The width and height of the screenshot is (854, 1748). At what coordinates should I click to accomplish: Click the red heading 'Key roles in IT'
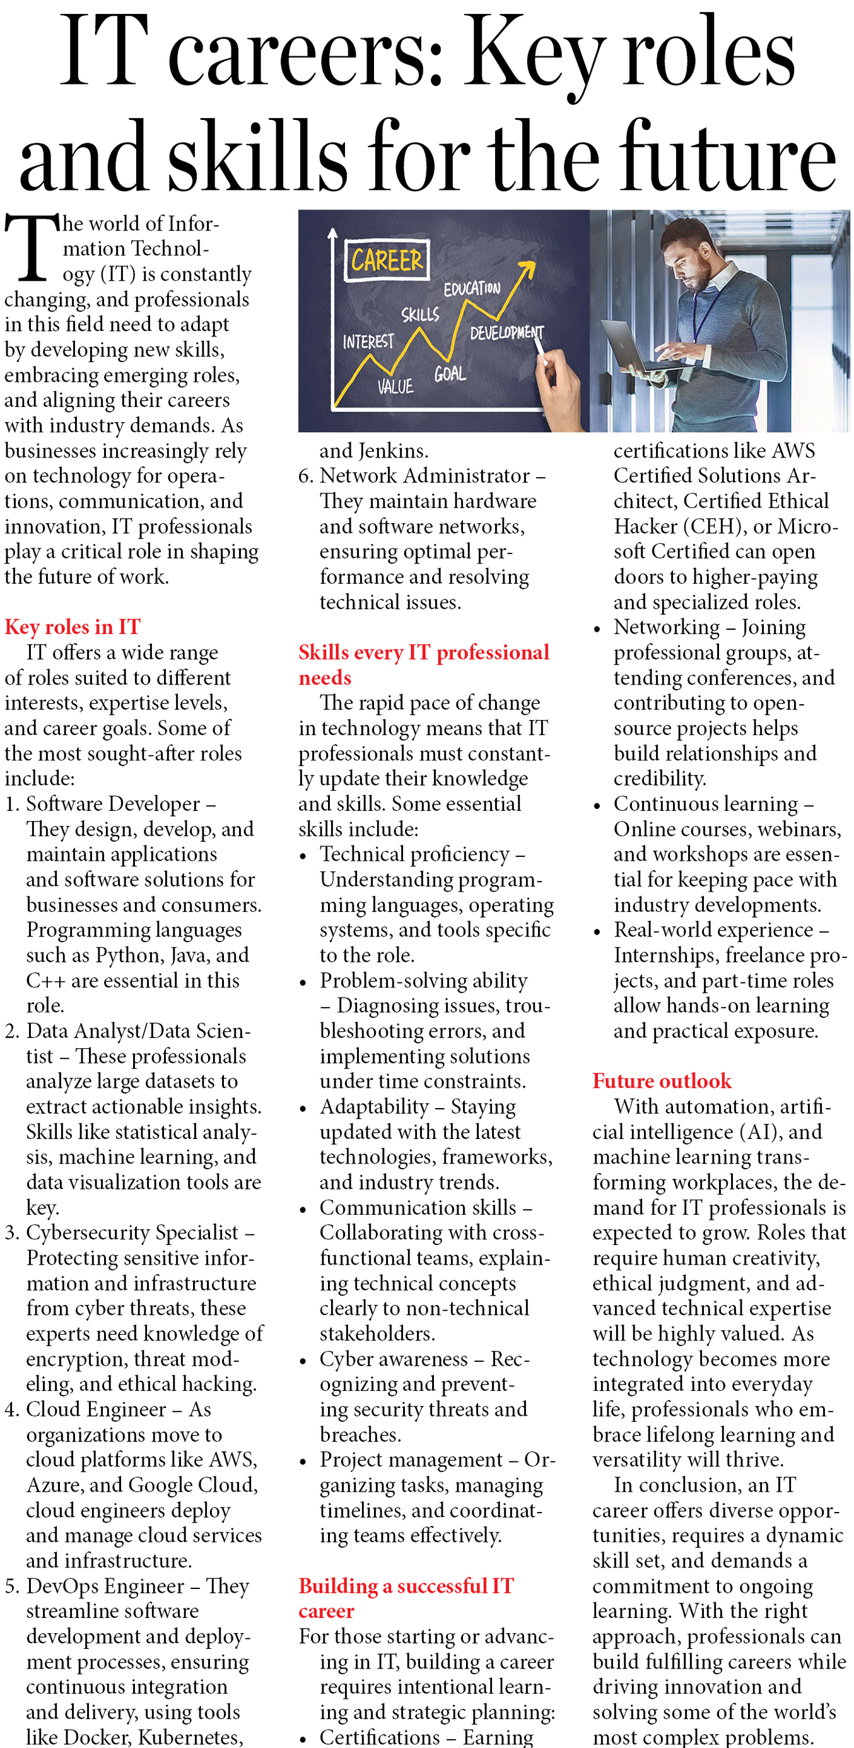coord(73,627)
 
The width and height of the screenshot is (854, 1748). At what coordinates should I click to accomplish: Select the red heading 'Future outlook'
coord(662,1080)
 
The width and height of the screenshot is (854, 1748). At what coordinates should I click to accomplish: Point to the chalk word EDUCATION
coord(472,288)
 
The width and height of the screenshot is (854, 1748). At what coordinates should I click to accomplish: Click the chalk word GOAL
coord(450,373)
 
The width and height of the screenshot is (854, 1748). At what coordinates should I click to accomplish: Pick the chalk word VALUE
coord(395,387)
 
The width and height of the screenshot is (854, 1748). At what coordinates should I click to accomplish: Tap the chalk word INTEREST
coord(368,341)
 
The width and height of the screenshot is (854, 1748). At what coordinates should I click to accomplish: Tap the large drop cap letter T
coord(30,247)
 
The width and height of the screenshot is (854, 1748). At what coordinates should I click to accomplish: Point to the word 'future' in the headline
coord(726,156)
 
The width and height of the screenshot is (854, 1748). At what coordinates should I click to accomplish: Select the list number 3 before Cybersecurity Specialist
coord(10,1232)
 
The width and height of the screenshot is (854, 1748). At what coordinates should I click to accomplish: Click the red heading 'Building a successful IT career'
coord(406,1598)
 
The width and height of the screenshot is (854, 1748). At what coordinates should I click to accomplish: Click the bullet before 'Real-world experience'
coord(597,931)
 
